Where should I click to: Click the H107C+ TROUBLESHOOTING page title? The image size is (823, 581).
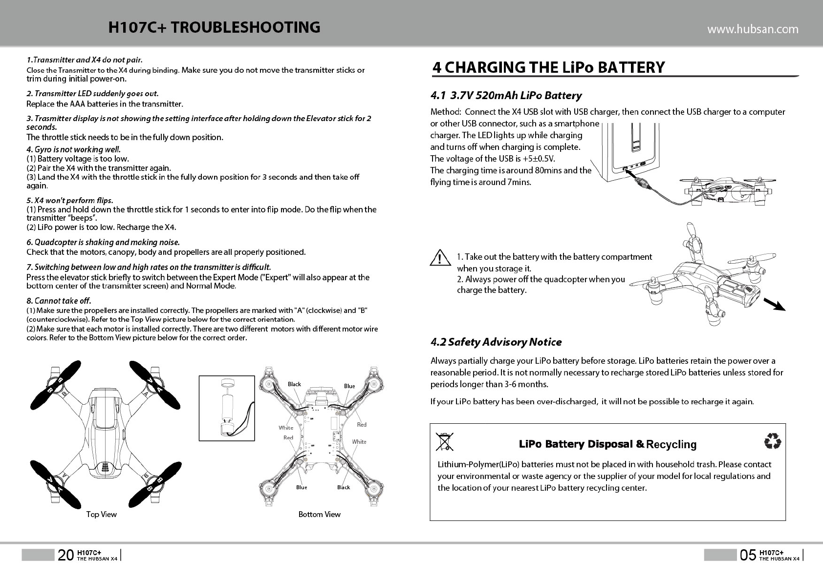[214, 27]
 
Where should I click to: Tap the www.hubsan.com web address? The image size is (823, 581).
[753, 29]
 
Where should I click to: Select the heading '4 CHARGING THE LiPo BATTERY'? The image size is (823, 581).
[548, 67]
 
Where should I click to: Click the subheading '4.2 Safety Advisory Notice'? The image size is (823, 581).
[496, 342]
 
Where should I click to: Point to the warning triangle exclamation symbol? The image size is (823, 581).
[440, 258]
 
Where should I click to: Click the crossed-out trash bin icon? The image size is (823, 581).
[444, 441]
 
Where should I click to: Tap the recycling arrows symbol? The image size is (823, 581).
[772, 441]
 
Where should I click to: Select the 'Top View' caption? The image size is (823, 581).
[101, 514]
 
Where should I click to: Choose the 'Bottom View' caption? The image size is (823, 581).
[319, 514]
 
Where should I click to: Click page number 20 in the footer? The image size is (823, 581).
[66, 555]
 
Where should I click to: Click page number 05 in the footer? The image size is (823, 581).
[748, 555]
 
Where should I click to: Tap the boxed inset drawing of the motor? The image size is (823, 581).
[227, 408]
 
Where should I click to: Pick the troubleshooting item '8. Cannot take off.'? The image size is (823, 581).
[59, 300]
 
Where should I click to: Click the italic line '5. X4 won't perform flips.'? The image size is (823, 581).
[70, 200]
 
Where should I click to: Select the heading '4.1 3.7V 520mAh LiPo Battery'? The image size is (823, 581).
[506, 95]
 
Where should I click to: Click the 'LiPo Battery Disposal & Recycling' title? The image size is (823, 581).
[607, 444]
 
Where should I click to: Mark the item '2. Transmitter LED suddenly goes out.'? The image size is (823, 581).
[92, 93]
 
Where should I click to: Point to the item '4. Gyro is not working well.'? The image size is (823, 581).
[73, 149]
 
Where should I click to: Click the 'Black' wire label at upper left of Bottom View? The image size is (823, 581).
[294, 384]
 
